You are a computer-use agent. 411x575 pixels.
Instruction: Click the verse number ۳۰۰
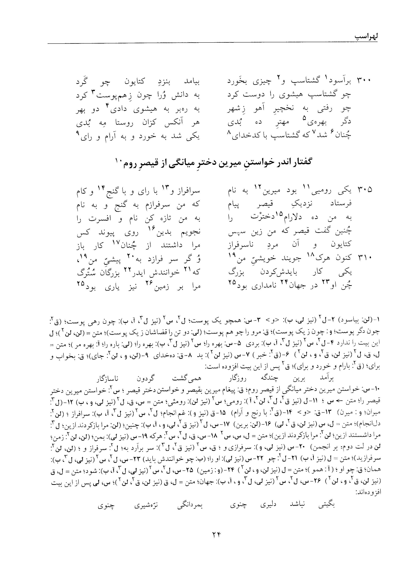364,81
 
